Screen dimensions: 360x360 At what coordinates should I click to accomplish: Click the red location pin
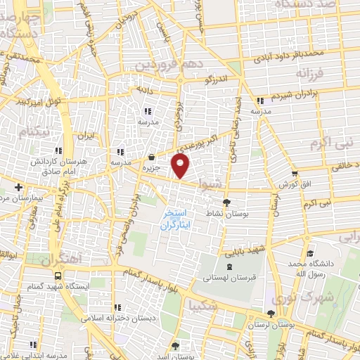[x=181, y=167]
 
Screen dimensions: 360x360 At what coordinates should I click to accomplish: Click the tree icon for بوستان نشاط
[x=226, y=203]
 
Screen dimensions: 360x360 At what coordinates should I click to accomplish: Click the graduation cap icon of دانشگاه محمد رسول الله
[x=309, y=254]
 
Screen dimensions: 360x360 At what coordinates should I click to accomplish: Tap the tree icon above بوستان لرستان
[x=271, y=314]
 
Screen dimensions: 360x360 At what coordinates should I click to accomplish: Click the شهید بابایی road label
[x=244, y=246]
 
